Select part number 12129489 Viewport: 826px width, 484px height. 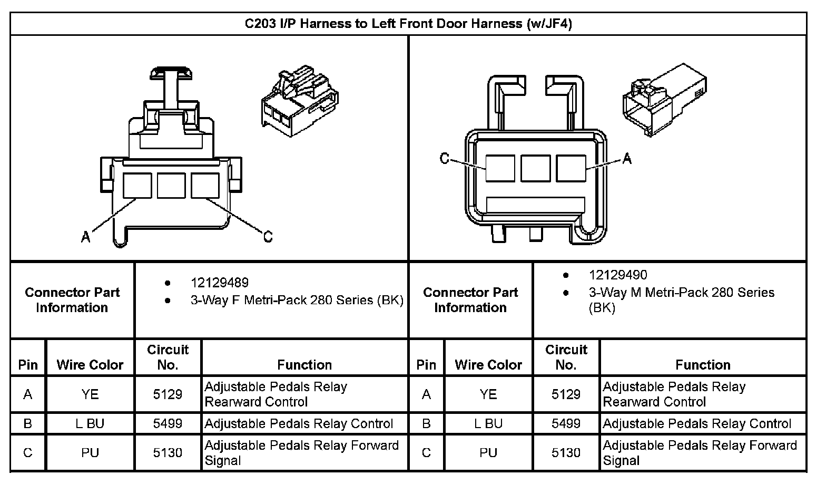tap(219, 283)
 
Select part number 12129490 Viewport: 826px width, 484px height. tap(618, 275)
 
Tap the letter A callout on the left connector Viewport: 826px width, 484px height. tap(86, 237)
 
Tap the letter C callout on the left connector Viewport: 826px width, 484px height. tap(268, 237)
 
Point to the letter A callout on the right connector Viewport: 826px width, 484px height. tap(627, 158)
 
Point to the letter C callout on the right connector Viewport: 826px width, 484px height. tap(445, 158)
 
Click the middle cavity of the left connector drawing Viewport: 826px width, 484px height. tap(171, 186)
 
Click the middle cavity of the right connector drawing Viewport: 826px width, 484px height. tap(535, 168)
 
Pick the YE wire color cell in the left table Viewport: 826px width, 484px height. tap(90, 394)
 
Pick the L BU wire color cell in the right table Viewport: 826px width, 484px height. tap(488, 423)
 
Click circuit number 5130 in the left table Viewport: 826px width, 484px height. tap(168, 452)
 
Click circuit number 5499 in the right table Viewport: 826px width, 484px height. tap(566, 423)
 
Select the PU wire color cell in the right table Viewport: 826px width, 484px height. tap(488, 452)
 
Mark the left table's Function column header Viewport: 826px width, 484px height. tap(304, 364)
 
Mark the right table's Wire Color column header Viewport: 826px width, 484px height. tap(488, 364)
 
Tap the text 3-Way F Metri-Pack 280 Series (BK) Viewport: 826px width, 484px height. tap(297, 300)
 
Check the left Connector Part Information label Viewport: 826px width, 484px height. tap(72, 299)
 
